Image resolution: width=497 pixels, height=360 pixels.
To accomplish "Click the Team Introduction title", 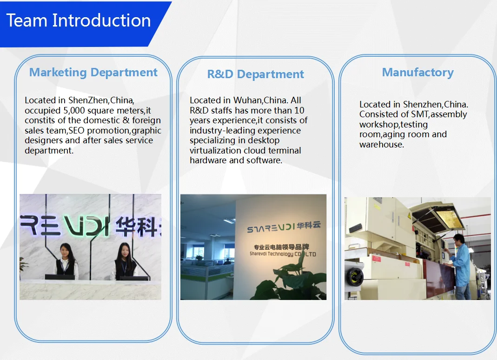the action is point(78,20).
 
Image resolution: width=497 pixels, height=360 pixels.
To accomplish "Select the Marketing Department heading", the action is point(93,73).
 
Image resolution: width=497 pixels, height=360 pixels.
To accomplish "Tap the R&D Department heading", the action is point(255,74).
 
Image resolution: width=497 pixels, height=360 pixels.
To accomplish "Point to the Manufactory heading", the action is point(417,73).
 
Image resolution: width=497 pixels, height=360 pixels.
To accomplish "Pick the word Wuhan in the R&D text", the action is point(248,100).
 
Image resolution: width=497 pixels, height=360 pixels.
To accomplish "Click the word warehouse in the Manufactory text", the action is point(381,145).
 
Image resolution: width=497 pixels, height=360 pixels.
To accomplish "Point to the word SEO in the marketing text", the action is point(77,130).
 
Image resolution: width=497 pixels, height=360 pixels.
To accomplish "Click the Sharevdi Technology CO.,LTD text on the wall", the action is point(282,254).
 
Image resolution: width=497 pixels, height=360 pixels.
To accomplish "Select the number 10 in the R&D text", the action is point(299,110).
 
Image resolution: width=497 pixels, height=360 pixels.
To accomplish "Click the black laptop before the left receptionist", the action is point(60,277).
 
